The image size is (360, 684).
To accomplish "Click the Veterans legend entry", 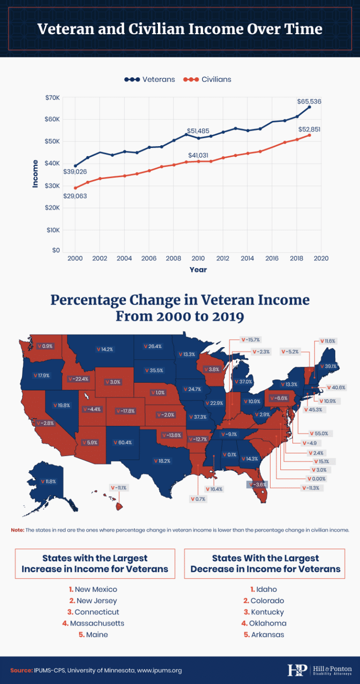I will coord(150,79).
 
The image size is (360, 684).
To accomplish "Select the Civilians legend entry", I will coord(210,79).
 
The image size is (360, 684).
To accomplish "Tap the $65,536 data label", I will coord(309,101).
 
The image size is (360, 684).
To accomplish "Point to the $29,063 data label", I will coord(75,196).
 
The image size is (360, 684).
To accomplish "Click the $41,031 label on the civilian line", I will coord(198,155).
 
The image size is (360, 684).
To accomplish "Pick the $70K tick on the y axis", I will coord(52,97).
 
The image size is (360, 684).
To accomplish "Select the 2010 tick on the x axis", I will coord(198,258).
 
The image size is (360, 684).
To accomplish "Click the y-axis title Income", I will coord(35,174).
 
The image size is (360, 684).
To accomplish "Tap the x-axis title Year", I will coord(198,270).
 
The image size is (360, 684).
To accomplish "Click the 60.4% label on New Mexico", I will coord(123,442).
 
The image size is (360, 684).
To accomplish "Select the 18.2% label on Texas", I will coord(162,461).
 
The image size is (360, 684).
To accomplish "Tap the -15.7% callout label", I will coord(250,340).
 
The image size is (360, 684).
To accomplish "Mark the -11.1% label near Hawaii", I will coord(119,488).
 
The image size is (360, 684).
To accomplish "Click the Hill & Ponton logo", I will coord(319,670).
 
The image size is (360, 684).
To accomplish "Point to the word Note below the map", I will coord(17,530).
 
